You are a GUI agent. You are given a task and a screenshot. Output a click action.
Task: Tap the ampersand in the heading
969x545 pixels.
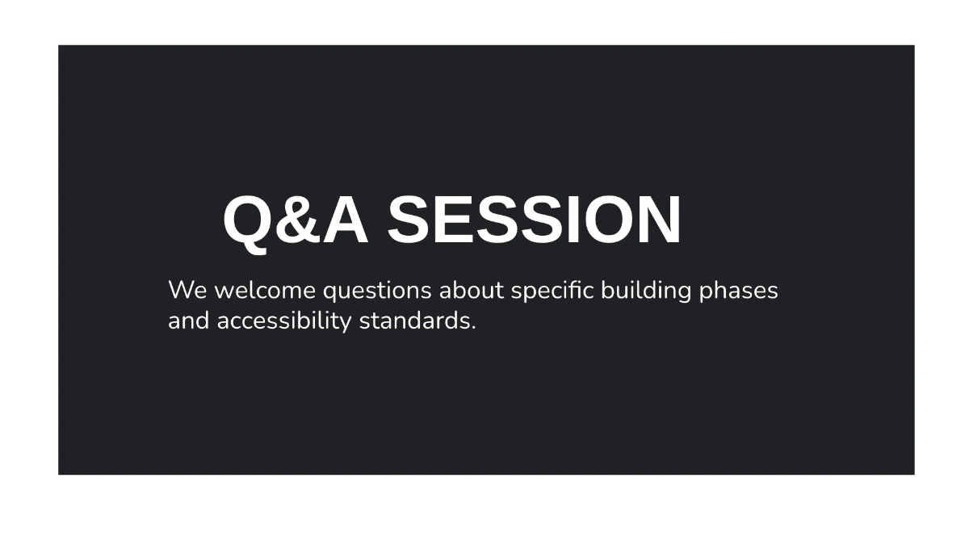tap(298, 220)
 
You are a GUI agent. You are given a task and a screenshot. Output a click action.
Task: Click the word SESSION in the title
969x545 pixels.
tap(534, 220)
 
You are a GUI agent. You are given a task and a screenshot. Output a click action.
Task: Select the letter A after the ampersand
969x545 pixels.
tap(346, 220)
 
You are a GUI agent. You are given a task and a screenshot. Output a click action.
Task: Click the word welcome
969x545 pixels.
tap(265, 289)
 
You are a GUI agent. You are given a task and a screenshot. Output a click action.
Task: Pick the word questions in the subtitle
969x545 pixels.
tap(377, 291)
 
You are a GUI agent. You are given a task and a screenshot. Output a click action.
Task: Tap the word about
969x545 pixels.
tap(472, 289)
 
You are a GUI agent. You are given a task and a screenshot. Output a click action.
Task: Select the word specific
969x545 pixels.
tap(552, 291)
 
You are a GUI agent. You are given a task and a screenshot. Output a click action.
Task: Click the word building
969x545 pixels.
tap(646, 291)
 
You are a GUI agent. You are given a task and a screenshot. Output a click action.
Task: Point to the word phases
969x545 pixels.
tap(738, 291)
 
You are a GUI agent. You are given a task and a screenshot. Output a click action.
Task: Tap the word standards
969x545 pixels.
tap(414, 321)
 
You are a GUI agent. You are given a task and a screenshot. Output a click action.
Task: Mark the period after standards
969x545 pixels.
tap(473, 328)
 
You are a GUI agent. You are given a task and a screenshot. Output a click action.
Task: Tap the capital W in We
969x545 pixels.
tap(180, 290)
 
